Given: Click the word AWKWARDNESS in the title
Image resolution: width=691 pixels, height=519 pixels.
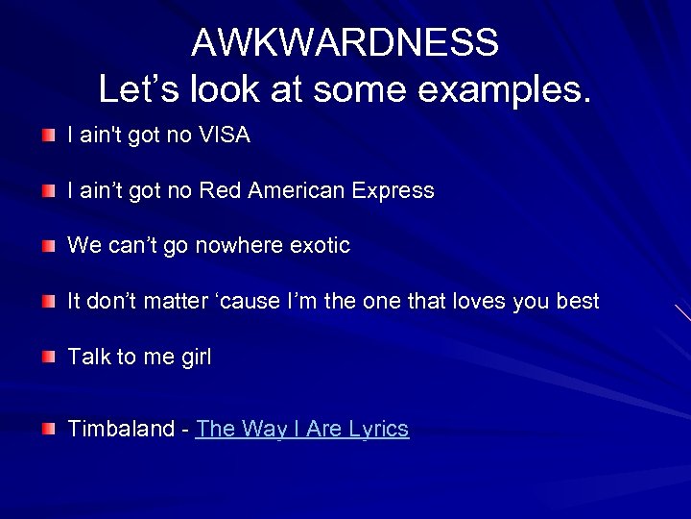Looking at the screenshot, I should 345,42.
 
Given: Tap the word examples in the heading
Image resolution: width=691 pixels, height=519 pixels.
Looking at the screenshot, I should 505,89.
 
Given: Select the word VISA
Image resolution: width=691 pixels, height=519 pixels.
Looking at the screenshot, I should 225,136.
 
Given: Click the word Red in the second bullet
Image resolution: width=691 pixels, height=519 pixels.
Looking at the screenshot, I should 220,190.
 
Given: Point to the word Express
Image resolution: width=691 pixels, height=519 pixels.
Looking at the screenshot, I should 393,191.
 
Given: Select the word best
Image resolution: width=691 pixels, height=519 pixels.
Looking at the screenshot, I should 578,302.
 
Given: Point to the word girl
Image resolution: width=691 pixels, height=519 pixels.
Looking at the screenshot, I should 196,358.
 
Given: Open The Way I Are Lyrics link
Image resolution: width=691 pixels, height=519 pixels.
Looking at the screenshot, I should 302,429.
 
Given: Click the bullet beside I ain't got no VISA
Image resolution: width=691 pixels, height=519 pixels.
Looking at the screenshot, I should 48,136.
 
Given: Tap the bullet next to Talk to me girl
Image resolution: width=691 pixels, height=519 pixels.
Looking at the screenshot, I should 48,358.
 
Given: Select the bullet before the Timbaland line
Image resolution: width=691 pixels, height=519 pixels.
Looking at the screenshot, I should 48,429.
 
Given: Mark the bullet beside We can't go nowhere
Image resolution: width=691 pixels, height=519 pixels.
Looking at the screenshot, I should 48,246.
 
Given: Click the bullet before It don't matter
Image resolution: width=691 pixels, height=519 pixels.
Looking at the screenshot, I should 48,302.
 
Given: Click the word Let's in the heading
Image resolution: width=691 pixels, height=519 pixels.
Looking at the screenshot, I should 139,89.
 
